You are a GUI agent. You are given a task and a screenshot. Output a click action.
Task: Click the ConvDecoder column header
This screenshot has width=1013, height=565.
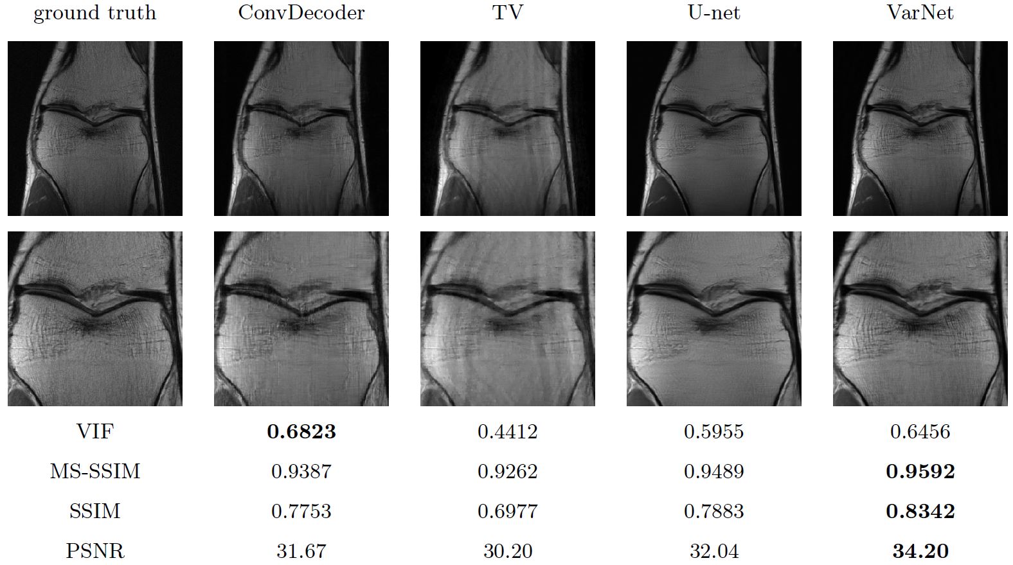301,13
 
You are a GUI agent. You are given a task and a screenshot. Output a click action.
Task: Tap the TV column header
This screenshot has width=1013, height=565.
507,13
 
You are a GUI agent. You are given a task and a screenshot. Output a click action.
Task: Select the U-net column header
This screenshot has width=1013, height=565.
713,13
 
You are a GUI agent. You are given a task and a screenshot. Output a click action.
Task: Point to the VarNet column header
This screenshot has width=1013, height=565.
920,13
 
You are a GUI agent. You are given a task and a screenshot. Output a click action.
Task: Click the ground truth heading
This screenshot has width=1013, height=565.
94,13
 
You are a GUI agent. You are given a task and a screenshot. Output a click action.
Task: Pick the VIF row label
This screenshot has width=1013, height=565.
94,431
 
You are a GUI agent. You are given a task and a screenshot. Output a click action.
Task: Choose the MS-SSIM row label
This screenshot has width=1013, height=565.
94,471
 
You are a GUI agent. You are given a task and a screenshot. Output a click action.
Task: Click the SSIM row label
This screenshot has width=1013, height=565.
94,511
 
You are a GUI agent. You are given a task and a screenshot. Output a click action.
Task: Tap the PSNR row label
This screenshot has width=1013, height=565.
94,551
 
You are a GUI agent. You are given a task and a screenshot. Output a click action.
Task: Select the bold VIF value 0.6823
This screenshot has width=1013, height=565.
301,431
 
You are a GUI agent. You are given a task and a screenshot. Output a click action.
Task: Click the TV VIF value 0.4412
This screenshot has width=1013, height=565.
507,431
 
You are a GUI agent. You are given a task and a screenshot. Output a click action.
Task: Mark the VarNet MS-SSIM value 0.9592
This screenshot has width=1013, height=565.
920,471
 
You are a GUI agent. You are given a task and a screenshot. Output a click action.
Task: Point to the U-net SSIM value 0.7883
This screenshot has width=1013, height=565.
713,511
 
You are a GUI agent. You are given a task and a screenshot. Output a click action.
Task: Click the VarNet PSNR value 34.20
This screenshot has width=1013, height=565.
920,551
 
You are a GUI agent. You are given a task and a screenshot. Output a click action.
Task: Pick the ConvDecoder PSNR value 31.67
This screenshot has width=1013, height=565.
301,551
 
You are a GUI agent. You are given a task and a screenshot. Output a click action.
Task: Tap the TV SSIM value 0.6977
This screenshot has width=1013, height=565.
507,511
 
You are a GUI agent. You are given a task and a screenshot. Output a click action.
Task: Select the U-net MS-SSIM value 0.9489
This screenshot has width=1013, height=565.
713,471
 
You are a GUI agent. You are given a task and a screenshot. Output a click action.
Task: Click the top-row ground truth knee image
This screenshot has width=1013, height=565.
95,129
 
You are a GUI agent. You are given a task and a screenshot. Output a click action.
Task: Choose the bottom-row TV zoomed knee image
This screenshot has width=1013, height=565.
508,319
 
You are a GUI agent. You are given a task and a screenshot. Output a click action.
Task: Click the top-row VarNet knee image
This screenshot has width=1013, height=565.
920,129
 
